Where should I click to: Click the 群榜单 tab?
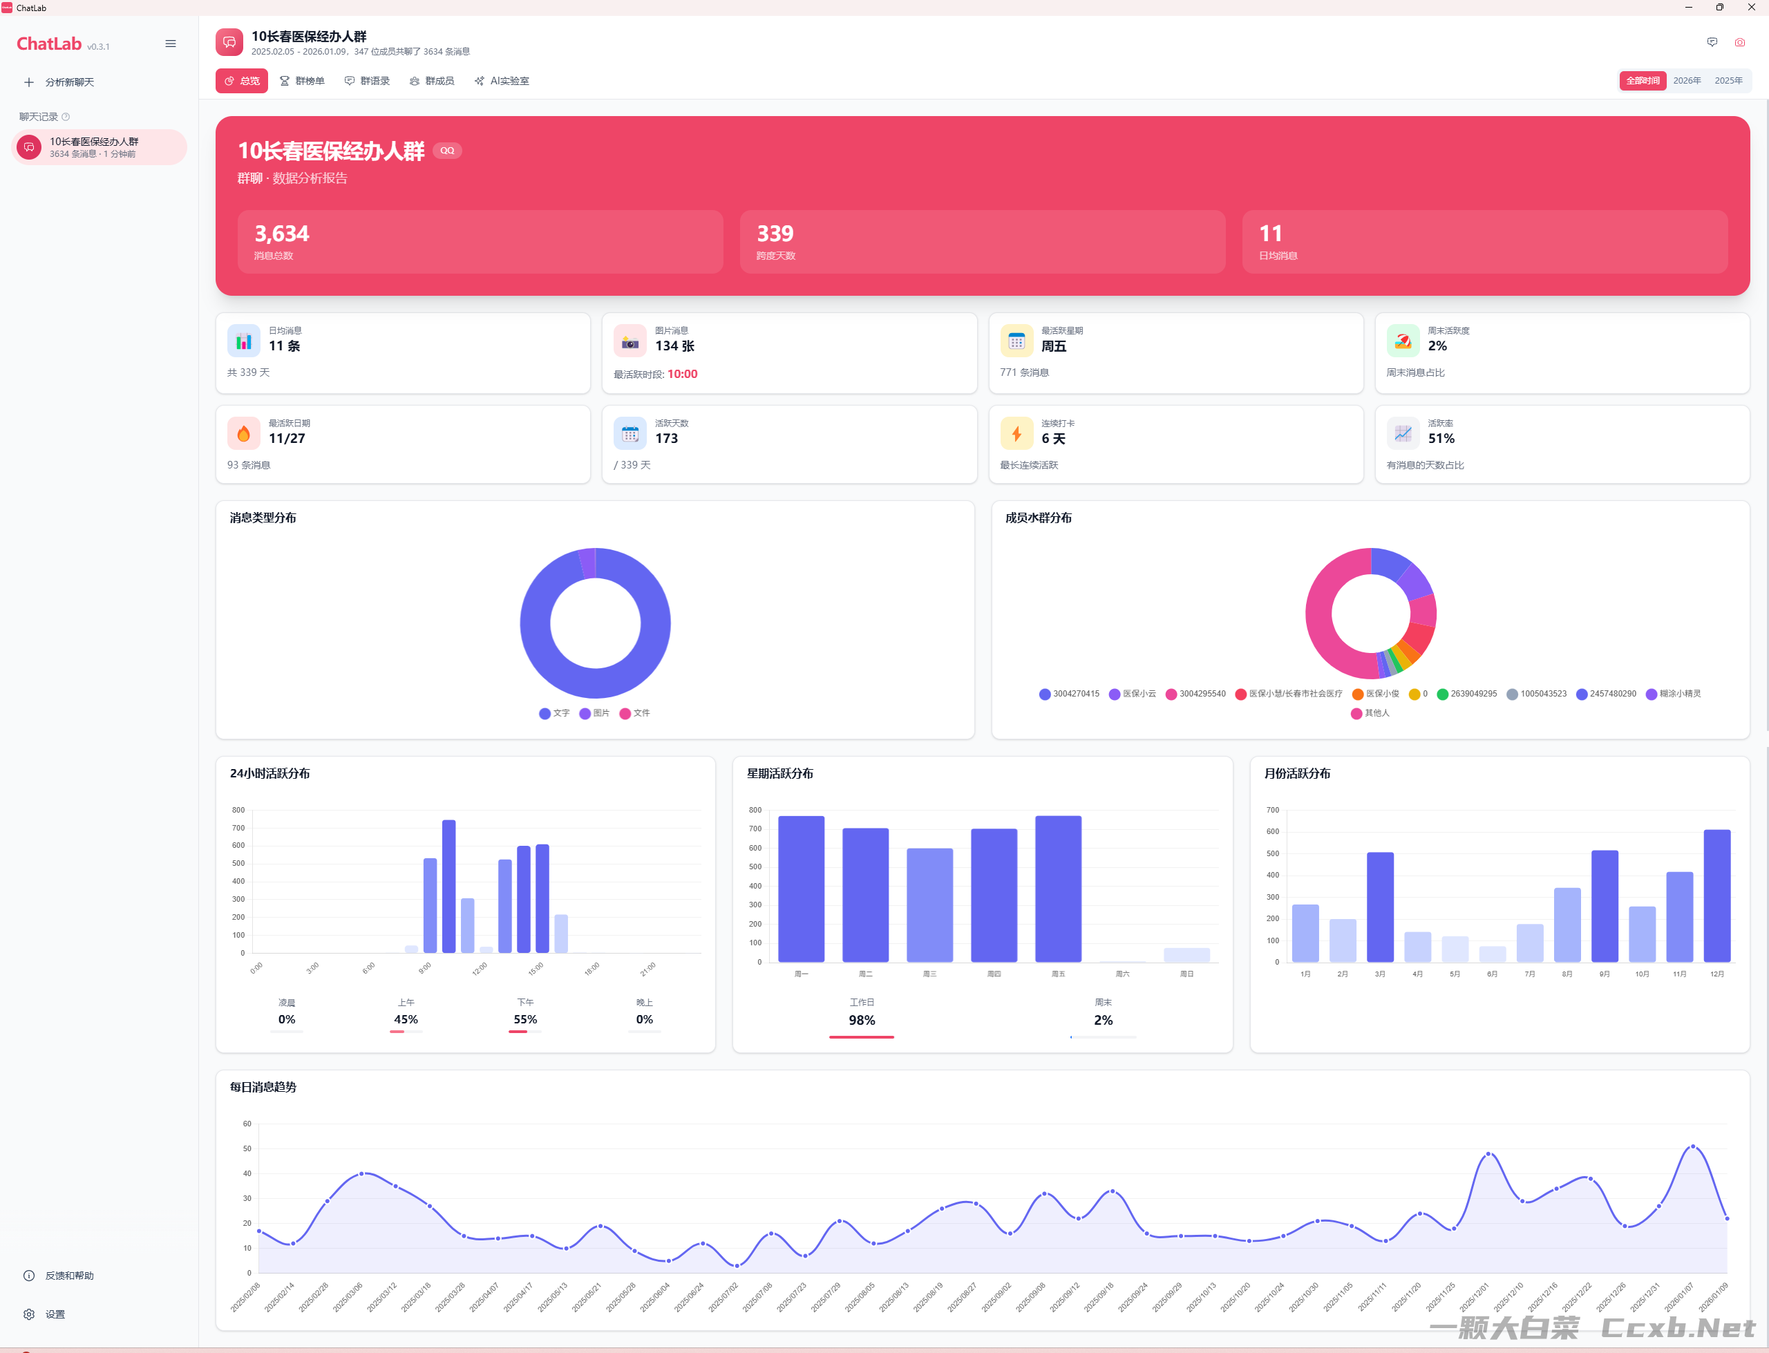click(302, 82)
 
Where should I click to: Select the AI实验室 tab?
click(502, 82)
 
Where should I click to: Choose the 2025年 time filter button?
click(1728, 81)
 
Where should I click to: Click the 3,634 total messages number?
click(282, 234)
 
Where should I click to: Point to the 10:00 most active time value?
click(682, 374)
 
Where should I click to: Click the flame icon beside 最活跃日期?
click(243, 433)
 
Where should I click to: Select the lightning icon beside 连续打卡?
click(1016, 433)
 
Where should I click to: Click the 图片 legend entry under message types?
click(594, 712)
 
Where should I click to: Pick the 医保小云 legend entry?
click(1132, 693)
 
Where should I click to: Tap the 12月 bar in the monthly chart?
click(1716, 896)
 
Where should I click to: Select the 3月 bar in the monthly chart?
click(1380, 907)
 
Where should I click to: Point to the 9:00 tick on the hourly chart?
click(425, 967)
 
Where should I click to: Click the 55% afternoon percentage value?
click(525, 1019)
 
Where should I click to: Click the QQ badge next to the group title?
click(447, 151)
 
